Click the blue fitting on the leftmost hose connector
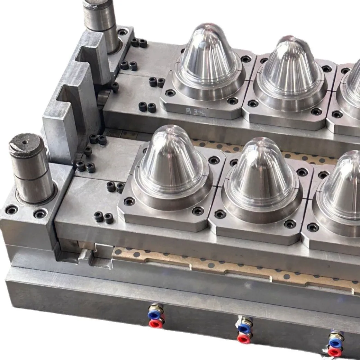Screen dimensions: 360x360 [x=155, y=314]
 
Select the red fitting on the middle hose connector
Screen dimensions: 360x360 [x=244, y=337]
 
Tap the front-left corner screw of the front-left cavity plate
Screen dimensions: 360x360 [x=129, y=201]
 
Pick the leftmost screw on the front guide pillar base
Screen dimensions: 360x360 [x=11, y=209]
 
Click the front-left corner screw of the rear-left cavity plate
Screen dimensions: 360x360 [x=170, y=93]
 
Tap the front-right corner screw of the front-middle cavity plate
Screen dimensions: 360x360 [x=290, y=224]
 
